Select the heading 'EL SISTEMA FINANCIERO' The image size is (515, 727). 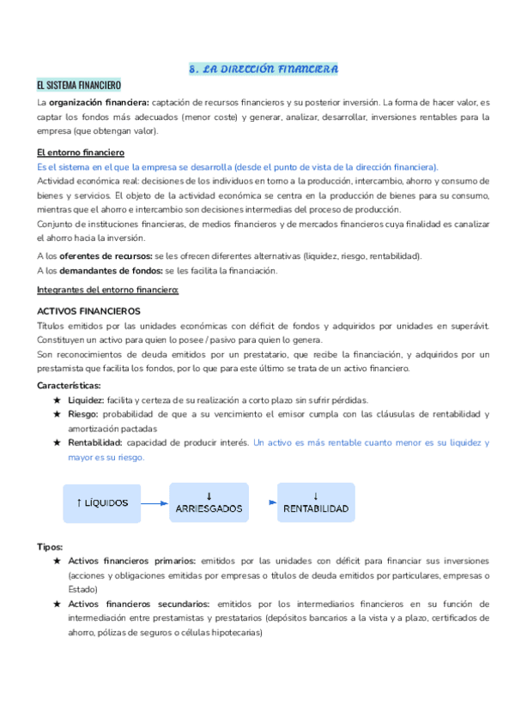pos(79,86)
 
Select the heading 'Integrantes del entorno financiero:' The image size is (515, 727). pos(107,290)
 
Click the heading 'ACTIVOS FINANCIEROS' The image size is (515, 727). pos(88,310)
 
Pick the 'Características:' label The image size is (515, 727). pos(69,385)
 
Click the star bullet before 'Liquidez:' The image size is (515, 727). pos(57,400)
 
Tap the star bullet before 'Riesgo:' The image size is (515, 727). pos(57,415)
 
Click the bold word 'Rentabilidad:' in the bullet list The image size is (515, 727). pos(96,443)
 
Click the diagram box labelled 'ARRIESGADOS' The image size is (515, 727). pos(209,502)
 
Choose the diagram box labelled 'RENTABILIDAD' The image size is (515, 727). pos(315,502)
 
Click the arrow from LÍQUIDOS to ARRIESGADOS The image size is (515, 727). pos(154,503)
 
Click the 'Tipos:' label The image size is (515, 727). pos(50,546)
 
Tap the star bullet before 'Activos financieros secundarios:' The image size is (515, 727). pos(57,604)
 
